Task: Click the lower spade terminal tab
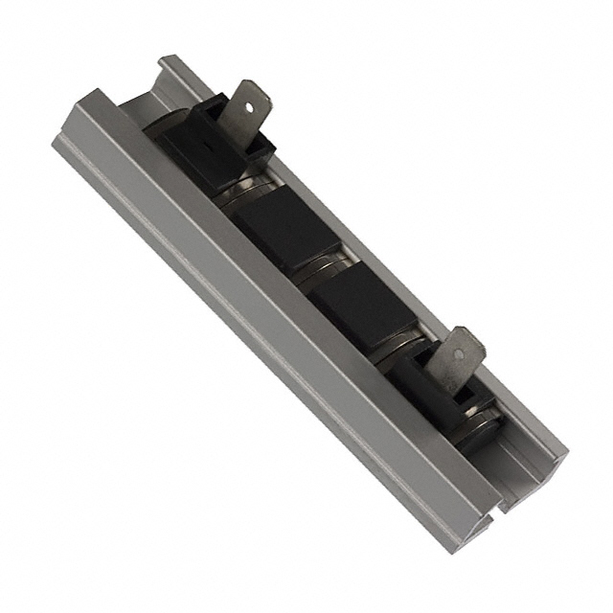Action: [x=457, y=358]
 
